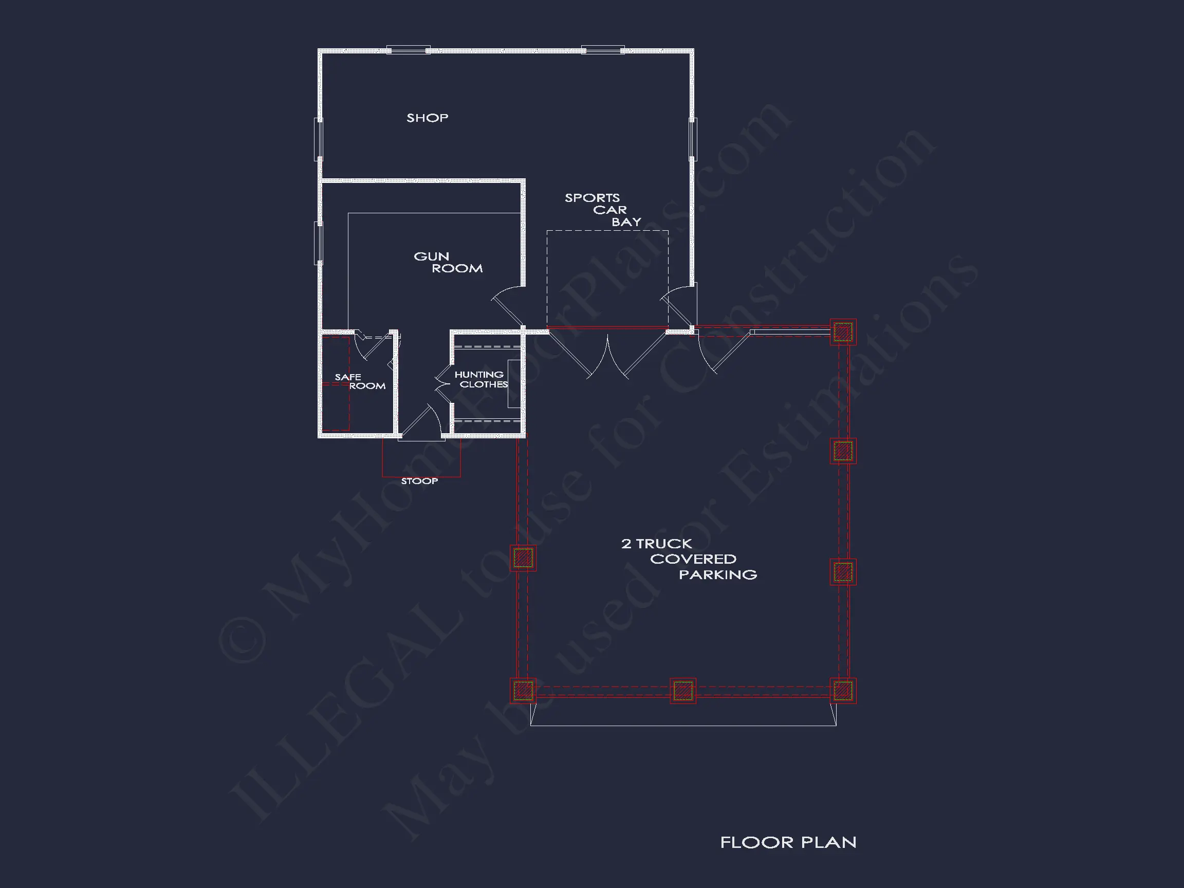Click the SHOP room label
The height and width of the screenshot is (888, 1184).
(x=427, y=118)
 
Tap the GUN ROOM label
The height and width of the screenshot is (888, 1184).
(x=448, y=262)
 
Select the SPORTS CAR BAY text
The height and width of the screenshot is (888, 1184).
(x=603, y=210)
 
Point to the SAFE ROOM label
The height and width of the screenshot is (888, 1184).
(x=360, y=381)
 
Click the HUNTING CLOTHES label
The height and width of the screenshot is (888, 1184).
(x=480, y=379)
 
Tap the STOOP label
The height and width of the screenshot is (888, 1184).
(x=420, y=480)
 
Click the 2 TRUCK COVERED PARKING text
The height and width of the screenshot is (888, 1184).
(x=689, y=559)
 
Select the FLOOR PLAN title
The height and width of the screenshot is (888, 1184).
(x=788, y=842)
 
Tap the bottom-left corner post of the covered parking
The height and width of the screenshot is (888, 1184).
(x=523, y=691)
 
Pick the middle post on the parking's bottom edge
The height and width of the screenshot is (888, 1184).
(x=683, y=691)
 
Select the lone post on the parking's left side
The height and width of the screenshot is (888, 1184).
(x=523, y=558)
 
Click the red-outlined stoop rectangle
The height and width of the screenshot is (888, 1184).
(x=421, y=476)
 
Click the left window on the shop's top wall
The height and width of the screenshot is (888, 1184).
(x=409, y=50)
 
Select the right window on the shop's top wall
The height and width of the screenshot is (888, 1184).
(x=603, y=50)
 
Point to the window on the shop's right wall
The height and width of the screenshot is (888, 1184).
(x=693, y=139)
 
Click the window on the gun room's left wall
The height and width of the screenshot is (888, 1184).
(x=319, y=243)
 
